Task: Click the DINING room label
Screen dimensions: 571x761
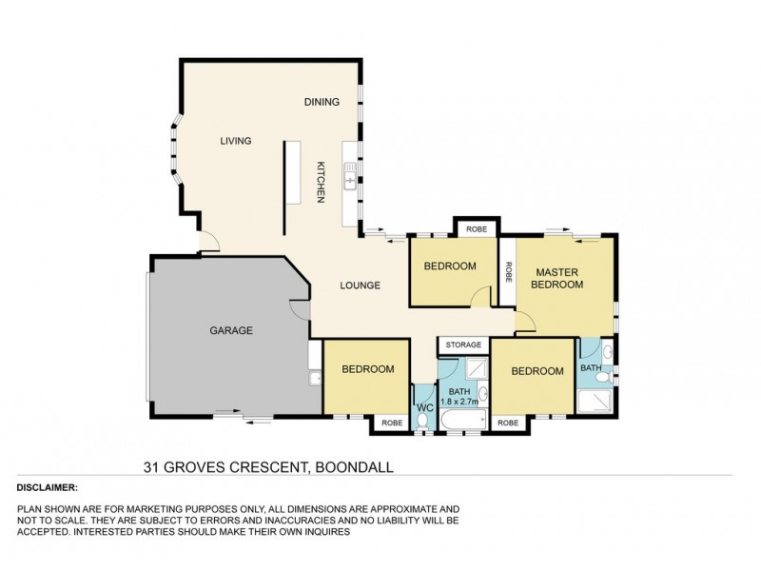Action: click(322, 102)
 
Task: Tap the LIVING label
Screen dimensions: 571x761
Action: click(235, 141)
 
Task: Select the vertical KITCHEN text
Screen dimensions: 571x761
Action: click(322, 180)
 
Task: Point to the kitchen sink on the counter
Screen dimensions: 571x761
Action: click(350, 179)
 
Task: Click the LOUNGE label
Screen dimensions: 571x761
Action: click(361, 285)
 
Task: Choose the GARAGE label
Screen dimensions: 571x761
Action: click(230, 331)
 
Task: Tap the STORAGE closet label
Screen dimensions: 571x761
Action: click(463, 345)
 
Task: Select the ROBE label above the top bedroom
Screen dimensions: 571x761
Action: click(476, 229)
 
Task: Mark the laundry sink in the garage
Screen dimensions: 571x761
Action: click(313, 380)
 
